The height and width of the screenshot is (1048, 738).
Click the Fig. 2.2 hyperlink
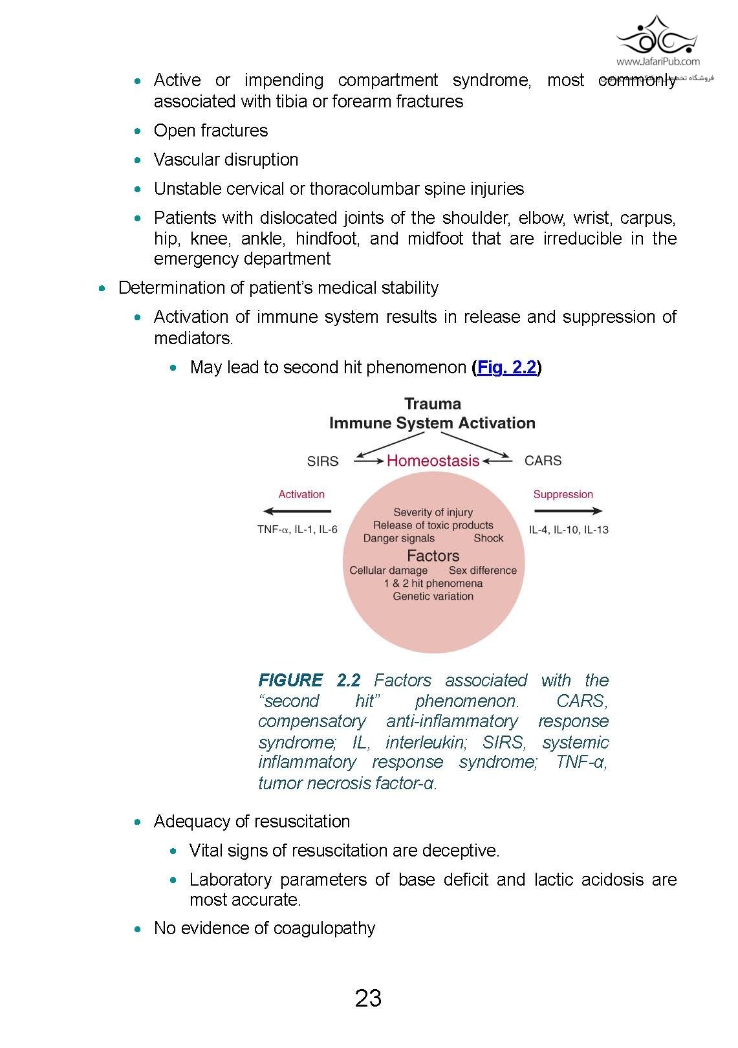[x=507, y=367]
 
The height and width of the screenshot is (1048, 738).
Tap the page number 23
[x=368, y=998]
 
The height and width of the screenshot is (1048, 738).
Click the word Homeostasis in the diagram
[x=433, y=461]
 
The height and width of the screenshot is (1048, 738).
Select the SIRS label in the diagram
[x=323, y=461]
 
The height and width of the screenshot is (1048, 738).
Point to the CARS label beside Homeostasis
[x=543, y=461]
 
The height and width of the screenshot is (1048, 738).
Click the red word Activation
[x=301, y=494]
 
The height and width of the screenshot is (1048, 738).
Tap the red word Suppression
[x=563, y=494]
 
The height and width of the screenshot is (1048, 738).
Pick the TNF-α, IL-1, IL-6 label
[x=297, y=530]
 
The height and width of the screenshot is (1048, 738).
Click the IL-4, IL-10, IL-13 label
[x=569, y=530]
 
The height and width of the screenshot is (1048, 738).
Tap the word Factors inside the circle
[x=433, y=556]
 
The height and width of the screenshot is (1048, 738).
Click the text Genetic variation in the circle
[x=433, y=596]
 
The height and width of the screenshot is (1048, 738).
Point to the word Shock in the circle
[x=488, y=538]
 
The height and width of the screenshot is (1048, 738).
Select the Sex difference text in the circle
[x=483, y=571]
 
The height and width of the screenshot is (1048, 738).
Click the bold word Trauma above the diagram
[x=433, y=404]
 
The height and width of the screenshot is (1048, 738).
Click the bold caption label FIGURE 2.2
[x=309, y=681]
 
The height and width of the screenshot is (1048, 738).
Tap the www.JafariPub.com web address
[x=658, y=62]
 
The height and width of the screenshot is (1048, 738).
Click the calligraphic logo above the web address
[x=657, y=36]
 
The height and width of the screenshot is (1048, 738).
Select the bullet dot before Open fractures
[x=137, y=131]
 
